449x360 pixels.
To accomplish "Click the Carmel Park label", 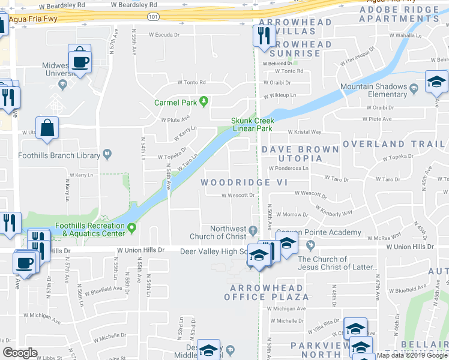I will (x=175, y=103).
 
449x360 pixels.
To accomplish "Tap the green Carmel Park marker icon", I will (x=204, y=101).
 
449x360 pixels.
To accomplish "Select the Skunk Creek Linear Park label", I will (x=252, y=124).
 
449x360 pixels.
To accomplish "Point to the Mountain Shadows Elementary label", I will (x=374, y=91).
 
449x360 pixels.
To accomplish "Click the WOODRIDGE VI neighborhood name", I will (x=245, y=182).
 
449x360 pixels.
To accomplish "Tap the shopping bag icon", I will (x=47, y=128).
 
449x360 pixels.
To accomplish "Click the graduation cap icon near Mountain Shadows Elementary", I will (x=436, y=83).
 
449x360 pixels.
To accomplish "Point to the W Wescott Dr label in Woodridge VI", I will (x=239, y=195).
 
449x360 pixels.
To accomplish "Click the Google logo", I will (x=20, y=353).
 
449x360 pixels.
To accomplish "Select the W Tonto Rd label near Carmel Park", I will (x=191, y=83).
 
